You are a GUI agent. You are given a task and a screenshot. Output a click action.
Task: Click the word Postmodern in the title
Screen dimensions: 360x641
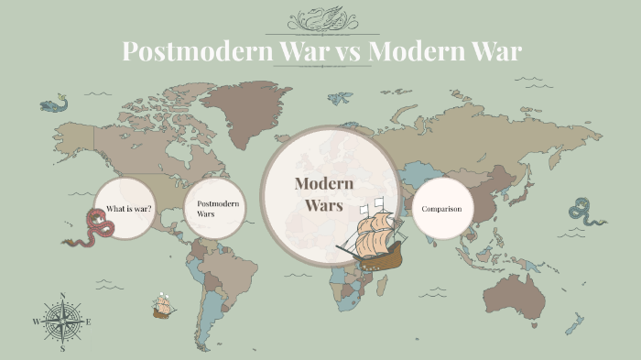coord(195,51)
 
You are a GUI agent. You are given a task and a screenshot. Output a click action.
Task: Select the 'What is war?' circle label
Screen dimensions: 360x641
coord(128,209)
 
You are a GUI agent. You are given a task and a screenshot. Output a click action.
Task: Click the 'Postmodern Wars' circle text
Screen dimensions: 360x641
coord(218,208)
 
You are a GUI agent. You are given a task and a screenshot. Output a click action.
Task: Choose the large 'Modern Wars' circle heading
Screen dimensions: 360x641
coord(318,194)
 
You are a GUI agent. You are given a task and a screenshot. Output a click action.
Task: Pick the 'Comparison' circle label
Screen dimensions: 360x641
coord(441,209)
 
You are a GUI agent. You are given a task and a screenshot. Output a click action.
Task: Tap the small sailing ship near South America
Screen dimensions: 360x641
coord(164,305)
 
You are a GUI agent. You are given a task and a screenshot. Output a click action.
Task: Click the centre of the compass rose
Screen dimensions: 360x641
coord(62,322)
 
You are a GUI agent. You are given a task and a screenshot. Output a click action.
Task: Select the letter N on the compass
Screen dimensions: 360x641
coord(62,295)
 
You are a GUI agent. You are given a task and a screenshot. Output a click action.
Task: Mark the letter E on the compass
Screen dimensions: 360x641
coord(89,322)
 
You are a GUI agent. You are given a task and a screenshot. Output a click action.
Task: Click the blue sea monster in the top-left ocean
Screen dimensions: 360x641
coord(54,104)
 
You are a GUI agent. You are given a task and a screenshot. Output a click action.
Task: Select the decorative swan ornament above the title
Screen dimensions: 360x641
coord(320,19)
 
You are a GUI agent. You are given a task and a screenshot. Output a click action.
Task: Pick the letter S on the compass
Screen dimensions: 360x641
coord(62,349)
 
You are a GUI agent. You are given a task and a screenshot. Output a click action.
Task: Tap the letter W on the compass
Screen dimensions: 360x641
coord(36,322)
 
